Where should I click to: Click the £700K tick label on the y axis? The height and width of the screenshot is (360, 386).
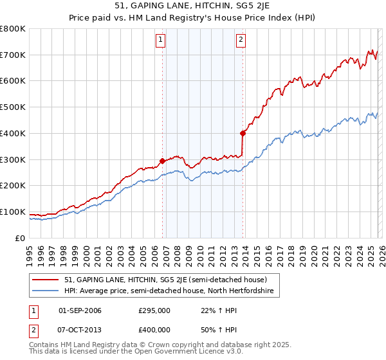tap(13, 55)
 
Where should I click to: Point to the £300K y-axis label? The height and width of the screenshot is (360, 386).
tap(13, 159)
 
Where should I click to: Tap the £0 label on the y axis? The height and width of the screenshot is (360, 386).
tap(21, 238)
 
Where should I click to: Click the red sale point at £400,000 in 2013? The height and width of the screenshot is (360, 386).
tap(243, 134)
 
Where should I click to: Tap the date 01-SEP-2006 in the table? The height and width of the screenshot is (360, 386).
tap(80, 310)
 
